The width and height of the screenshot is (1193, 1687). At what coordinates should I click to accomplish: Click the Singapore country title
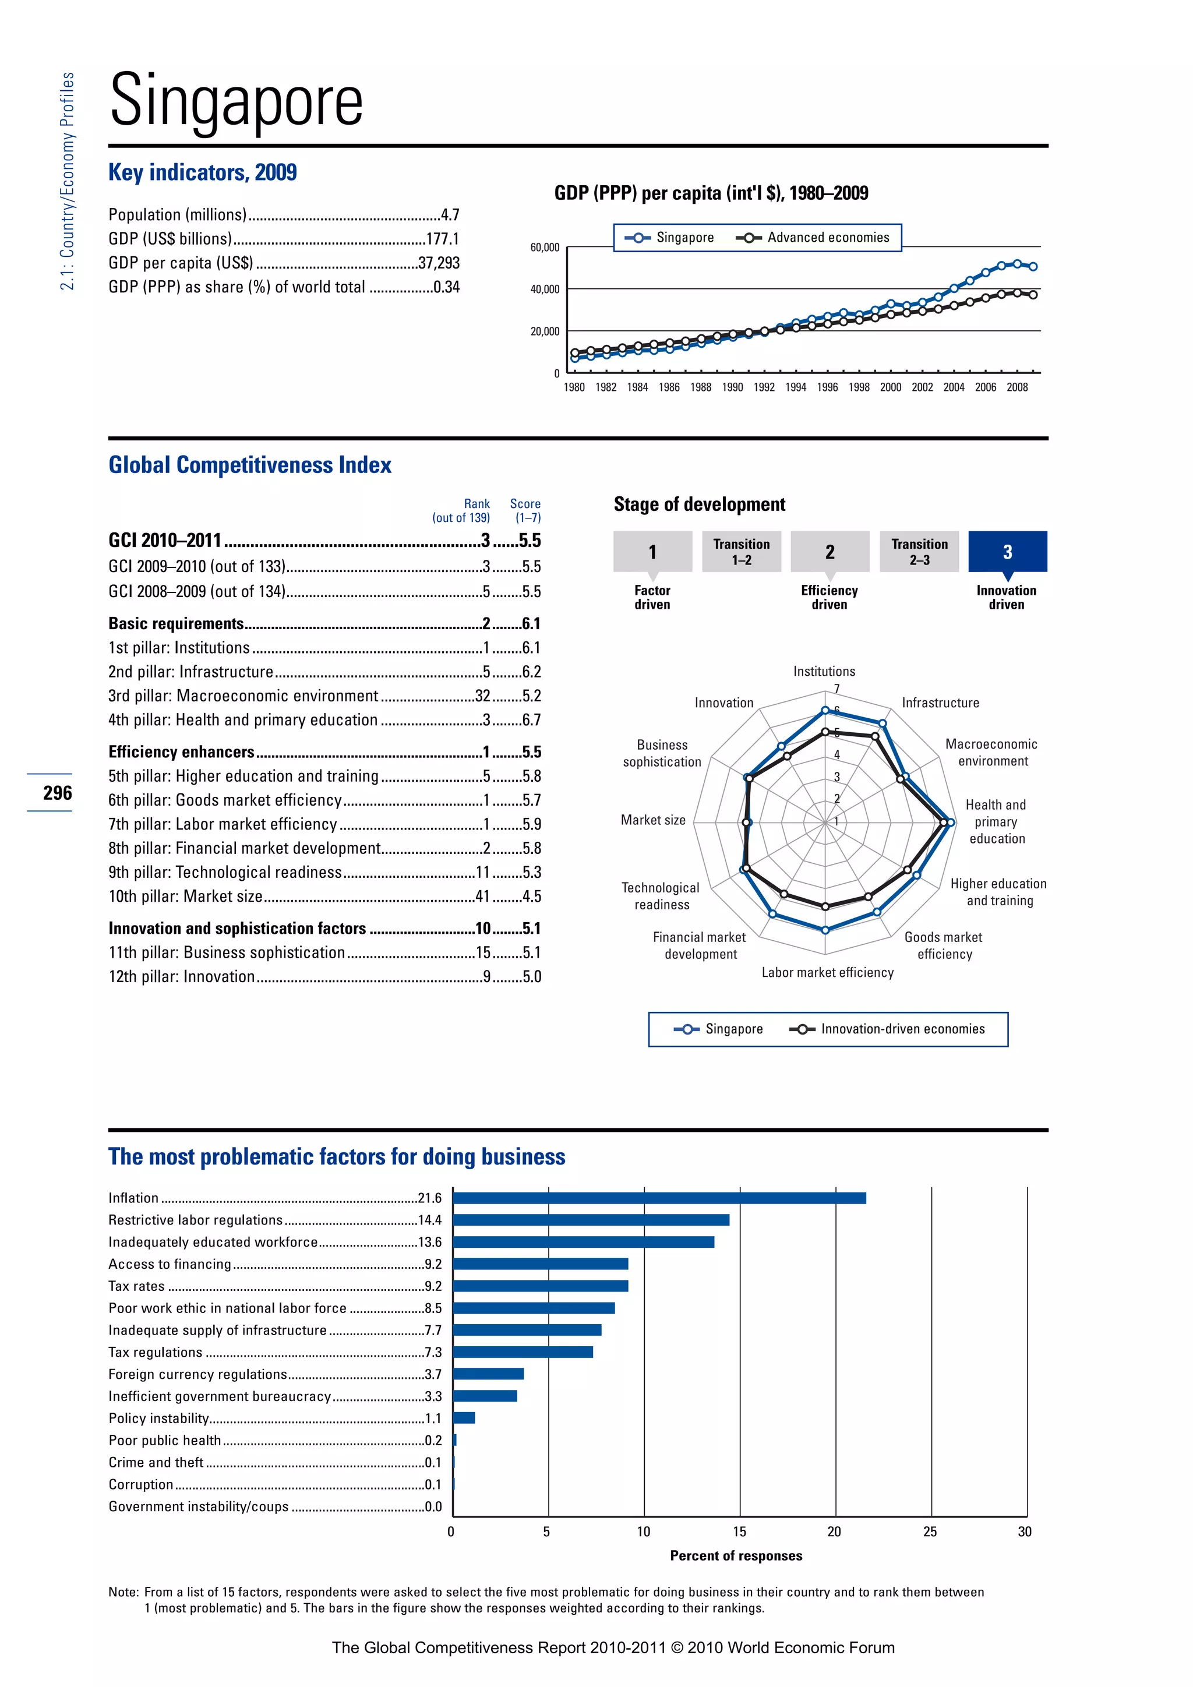(x=236, y=101)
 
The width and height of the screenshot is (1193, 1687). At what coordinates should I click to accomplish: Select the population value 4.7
(x=450, y=214)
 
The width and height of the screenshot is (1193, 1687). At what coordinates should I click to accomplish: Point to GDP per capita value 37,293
(x=439, y=263)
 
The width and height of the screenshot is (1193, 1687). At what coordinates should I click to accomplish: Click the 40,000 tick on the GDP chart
(x=544, y=290)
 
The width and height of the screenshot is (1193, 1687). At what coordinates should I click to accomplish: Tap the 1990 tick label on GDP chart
(x=732, y=387)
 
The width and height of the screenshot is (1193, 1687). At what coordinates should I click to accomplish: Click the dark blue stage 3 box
(x=1007, y=551)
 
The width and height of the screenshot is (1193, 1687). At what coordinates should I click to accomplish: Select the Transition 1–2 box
(x=741, y=551)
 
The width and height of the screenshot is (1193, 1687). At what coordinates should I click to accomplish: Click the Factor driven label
(x=652, y=597)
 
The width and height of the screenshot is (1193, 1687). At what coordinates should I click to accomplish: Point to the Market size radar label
(x=653, y=820)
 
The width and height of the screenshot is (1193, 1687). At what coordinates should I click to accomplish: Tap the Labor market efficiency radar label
(x=827, y=972)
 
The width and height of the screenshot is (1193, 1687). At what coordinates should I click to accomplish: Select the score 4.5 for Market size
(x=531, y=897)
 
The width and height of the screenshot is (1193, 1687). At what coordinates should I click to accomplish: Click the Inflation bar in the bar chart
(x=659, y=1198)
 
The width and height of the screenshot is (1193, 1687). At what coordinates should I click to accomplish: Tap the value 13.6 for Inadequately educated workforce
(x=430, y=1242)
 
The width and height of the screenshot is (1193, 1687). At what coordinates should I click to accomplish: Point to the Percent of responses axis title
(x=736, y=1555)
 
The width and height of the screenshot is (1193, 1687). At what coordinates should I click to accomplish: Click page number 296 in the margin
(x=57, y=793)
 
